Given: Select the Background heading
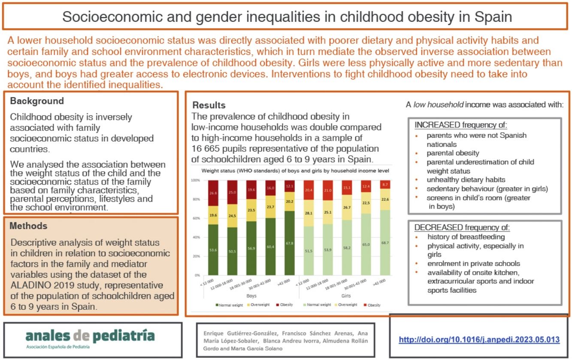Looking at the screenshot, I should coord(37,101).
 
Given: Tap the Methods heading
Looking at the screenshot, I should coord(28,226).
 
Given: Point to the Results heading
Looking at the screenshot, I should coord(209,105).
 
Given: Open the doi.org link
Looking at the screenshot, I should coord(479,339).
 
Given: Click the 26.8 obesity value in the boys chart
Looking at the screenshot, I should coord(213,193).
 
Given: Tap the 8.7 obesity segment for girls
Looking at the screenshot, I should coord(385,184).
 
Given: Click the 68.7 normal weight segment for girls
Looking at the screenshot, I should coord(385,243).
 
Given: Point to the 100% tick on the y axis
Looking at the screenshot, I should coord(196,180).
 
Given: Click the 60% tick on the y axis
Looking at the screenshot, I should coord(196,218).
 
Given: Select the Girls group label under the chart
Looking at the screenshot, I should coord(346,296).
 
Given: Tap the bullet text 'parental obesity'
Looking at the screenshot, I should coord(453,153).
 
